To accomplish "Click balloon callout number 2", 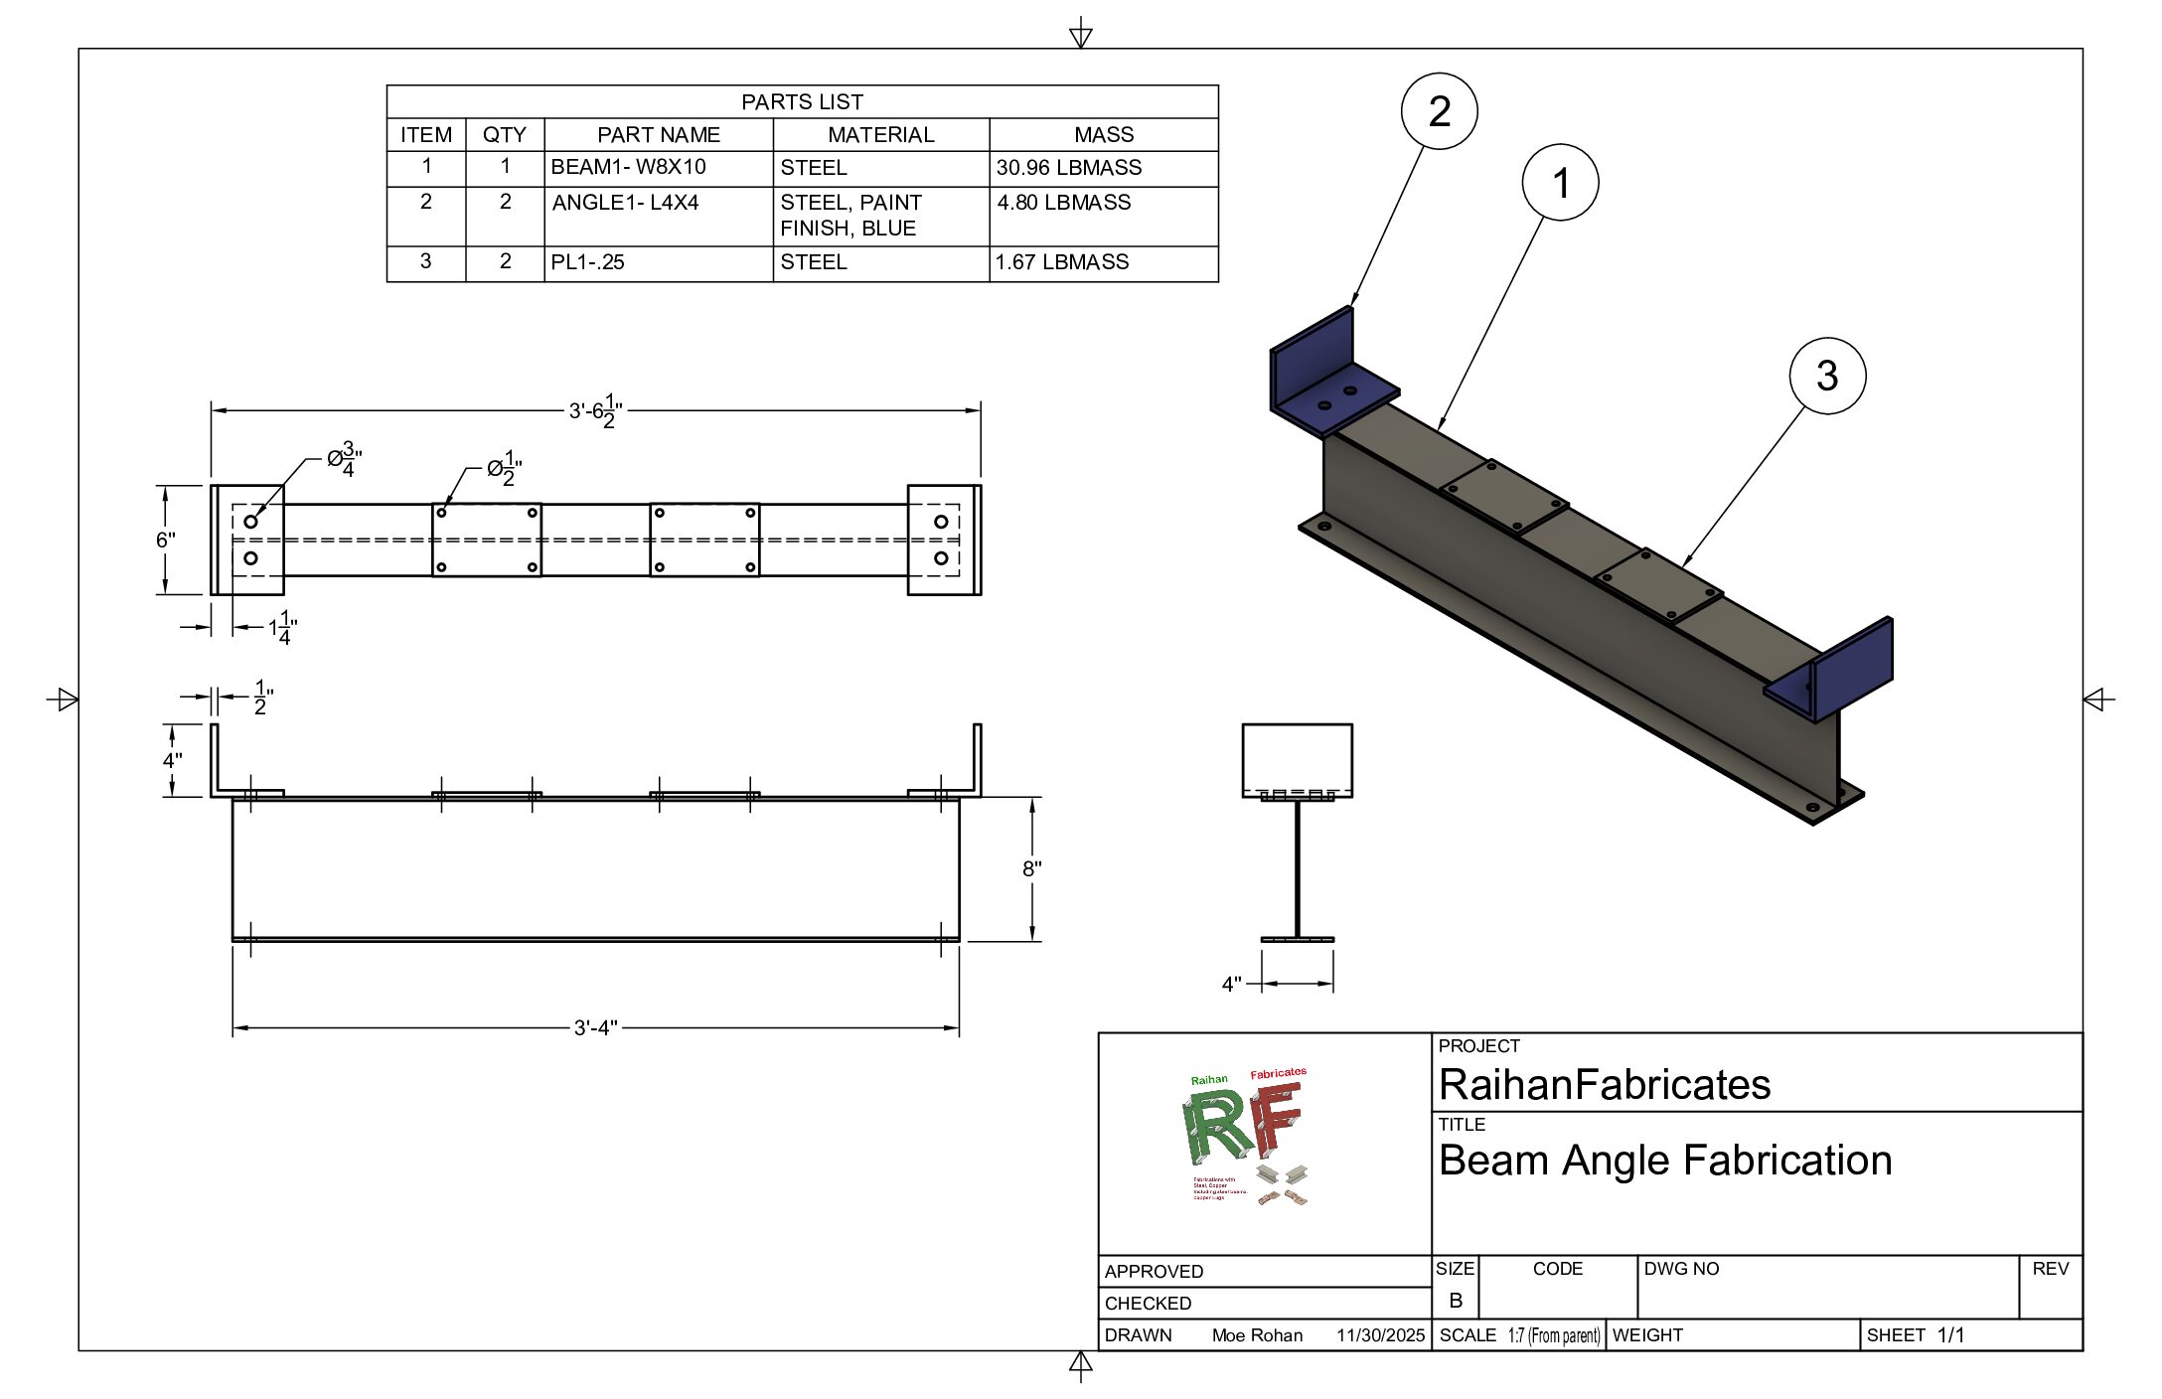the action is pos(1439,111).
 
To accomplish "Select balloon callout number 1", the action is pos(1560,183).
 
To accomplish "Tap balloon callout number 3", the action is pos(1826,377).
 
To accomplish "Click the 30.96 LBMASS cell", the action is pos(1069,168).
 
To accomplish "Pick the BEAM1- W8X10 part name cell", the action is pos(628,167).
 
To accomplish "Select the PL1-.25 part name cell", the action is pos(587,262).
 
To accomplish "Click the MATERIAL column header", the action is pos(880,135).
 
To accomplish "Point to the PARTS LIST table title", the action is pos(802,102).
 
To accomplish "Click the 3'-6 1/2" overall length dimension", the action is pos(595,410).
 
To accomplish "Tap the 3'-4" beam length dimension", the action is pos(595,1027).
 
